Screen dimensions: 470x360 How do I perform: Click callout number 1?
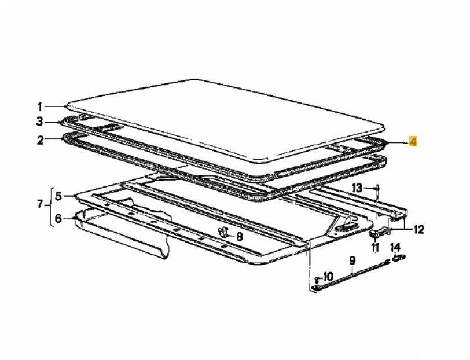click(39, 106)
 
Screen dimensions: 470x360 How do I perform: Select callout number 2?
click(40, 140)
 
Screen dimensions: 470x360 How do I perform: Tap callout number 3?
click(39, 122)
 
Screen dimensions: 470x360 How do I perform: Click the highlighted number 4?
click(413, 141)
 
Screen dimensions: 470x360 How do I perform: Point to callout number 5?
click(58, 196)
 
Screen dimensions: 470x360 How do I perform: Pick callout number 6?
click(58, 219)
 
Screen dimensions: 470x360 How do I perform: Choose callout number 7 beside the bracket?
click(40, 204)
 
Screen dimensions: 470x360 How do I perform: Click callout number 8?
click(239, 237)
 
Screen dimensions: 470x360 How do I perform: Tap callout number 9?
click(352, 260)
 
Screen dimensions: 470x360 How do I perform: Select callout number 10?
click(328, 275)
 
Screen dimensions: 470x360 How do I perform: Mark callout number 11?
click(375, 248)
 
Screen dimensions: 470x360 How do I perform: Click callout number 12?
click(418, 230)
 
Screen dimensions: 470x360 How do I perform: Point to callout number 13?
click(357, 188)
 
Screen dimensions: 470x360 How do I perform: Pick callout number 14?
click(395, 247)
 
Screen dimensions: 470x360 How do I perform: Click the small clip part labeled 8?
click(223, 232)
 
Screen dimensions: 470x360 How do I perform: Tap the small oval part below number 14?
click(399, 257)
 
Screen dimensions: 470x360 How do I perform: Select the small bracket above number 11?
click(376, 232)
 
